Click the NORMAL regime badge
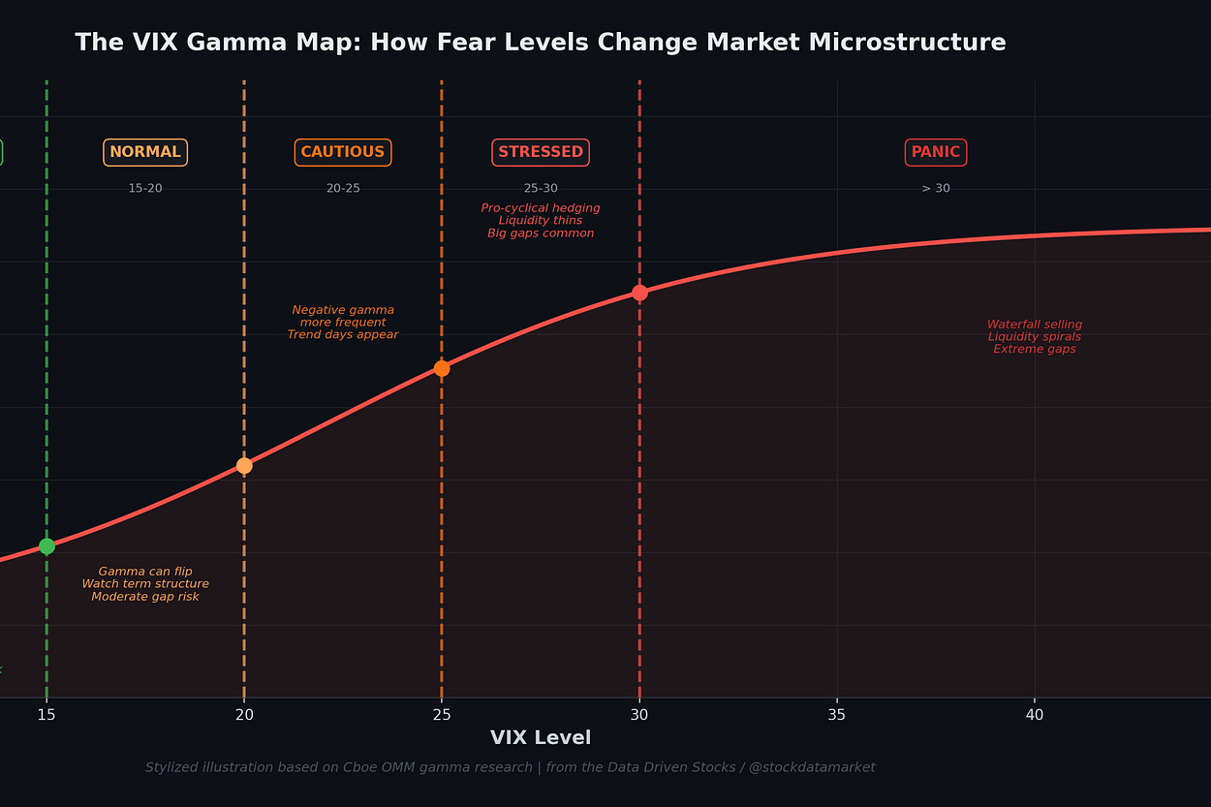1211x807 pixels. click(x=145, y=152)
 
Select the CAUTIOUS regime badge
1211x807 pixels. click(x=343, y=152)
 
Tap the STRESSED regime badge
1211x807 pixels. click(x=541, y=152)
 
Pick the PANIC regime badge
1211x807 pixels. click(x=936, y=152)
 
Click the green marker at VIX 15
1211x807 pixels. click(x=47, y=546)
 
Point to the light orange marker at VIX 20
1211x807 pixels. click(x=244, y=466)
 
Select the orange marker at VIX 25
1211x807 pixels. click(x=442, y=369)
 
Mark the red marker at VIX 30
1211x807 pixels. click(x=639, y=293)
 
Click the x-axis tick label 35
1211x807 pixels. click(x=837, y=715)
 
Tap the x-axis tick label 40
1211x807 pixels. click(x=1035, y=715)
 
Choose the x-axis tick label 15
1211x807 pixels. click(x=47, y=715)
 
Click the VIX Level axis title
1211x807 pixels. click(x=541, y=738)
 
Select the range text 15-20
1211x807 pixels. click(x=145, y=188)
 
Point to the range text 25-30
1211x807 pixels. click(x=541, y=188)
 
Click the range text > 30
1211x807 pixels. click(x=936, y=188)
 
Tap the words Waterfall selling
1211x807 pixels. click(x=1035, y=325)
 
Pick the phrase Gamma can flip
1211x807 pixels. click(x=145, y=572)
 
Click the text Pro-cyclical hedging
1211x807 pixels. click(x=541, y=208)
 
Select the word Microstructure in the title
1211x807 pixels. click(x=907, y=43)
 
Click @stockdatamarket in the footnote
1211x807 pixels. click(x=812, y=767)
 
